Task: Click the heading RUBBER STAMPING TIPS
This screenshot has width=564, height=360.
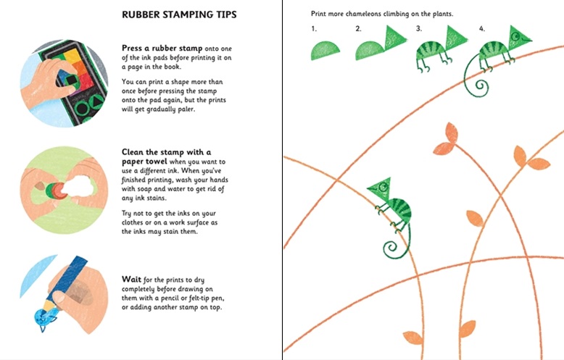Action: click(178, 14)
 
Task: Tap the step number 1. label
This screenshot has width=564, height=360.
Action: click(314, 29)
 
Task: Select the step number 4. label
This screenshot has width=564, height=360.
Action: click(482, 29)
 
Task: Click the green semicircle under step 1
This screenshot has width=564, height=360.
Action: click(325, 49)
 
